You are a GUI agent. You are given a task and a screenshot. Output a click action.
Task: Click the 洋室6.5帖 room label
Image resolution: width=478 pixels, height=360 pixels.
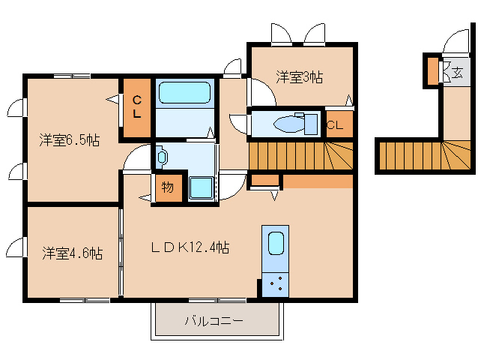[x=69, y=141]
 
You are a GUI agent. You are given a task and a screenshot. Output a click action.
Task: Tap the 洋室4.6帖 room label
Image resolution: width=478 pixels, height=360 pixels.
[x=72, y=253]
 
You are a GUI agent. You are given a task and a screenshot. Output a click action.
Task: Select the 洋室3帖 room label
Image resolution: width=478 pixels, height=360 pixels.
[x=300, y=77]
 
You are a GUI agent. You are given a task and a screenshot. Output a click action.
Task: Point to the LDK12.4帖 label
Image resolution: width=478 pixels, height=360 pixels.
[x=190, y=247]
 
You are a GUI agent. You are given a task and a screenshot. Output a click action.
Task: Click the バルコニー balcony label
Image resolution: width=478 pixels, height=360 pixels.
[x=214, y=321]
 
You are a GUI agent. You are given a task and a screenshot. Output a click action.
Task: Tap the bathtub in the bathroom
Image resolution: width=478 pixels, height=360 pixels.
[x=184, y=92]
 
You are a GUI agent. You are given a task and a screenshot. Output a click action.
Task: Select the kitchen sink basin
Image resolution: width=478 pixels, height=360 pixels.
[x=276, y=243]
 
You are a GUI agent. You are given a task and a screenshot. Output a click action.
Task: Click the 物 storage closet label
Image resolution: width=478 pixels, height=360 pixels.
[x=168, y=187]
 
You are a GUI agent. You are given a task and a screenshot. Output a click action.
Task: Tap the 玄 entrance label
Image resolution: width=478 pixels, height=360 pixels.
[x=458, y=73]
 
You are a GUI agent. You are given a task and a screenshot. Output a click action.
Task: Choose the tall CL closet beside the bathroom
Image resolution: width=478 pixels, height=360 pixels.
[x=137, y=108]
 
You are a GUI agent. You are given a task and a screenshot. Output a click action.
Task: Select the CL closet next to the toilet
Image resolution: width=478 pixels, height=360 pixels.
[x=339, y=124]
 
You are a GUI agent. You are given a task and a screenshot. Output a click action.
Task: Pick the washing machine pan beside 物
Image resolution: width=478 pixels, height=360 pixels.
[x=201, y=187]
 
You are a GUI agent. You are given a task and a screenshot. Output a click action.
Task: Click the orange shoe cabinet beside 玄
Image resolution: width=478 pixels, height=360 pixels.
[x=432, y=70]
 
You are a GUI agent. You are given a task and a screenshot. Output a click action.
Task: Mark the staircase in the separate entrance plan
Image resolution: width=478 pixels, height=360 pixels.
[x=426, y=155]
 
